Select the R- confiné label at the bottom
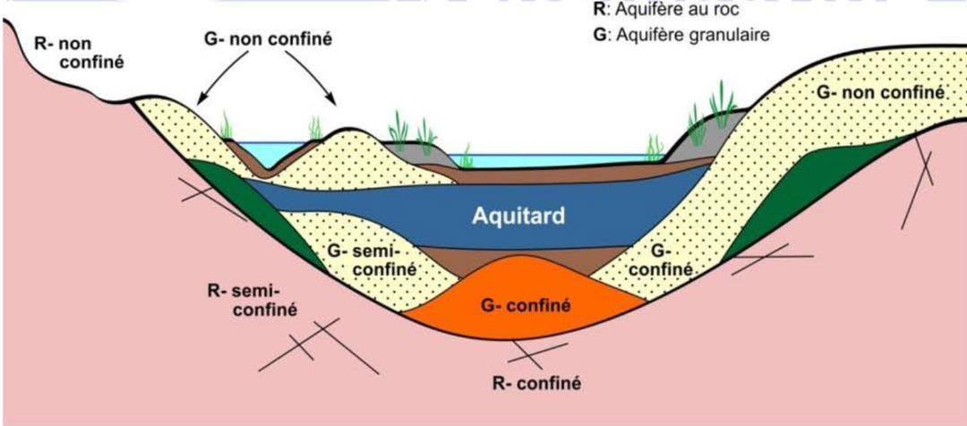point(536,383)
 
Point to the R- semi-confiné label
point(251,299)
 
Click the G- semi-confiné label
point(364,260)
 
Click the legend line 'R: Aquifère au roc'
point(665,10)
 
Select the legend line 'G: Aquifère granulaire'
point(680,35)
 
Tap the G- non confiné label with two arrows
point(268,38)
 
